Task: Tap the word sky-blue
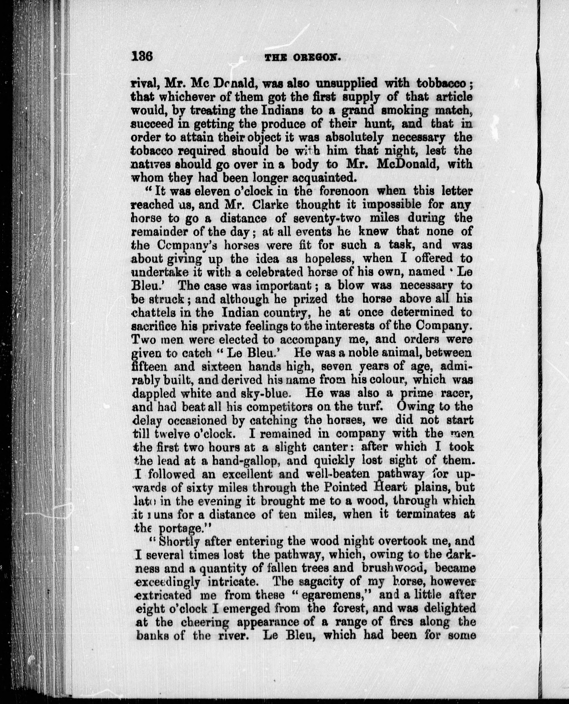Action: click(262, 393)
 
